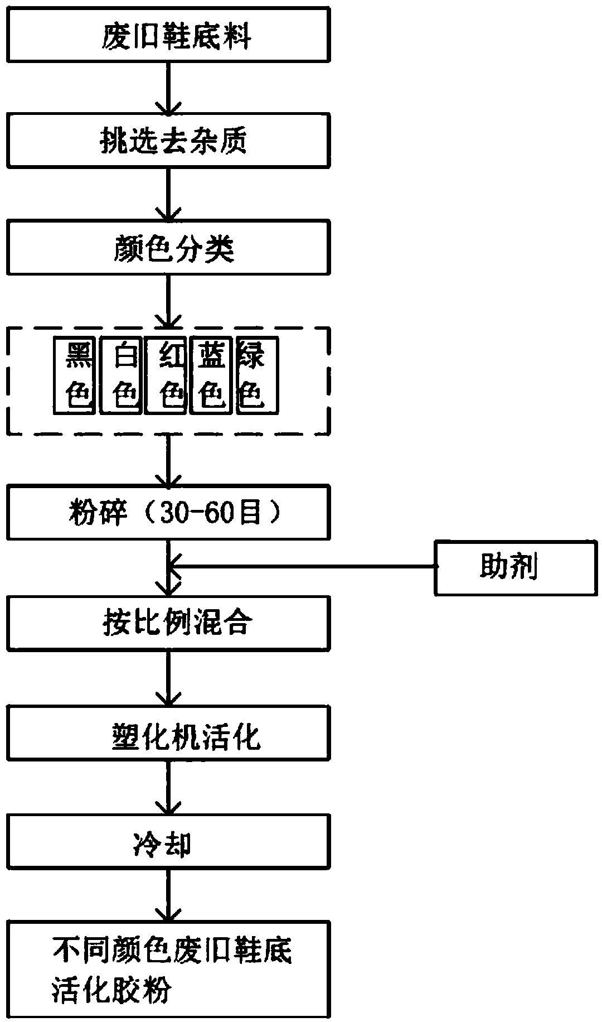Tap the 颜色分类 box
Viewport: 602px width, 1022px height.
[168, 247]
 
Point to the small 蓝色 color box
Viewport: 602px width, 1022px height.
[211, 375]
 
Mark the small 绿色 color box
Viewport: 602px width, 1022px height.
[257, 375]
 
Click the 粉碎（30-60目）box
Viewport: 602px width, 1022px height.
[168, 512]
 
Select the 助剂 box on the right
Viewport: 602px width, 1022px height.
[516, 567]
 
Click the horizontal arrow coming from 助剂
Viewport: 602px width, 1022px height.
[301, 567]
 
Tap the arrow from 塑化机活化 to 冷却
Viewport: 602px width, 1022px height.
[168, 787]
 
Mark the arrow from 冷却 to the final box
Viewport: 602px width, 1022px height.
[168, 896]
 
